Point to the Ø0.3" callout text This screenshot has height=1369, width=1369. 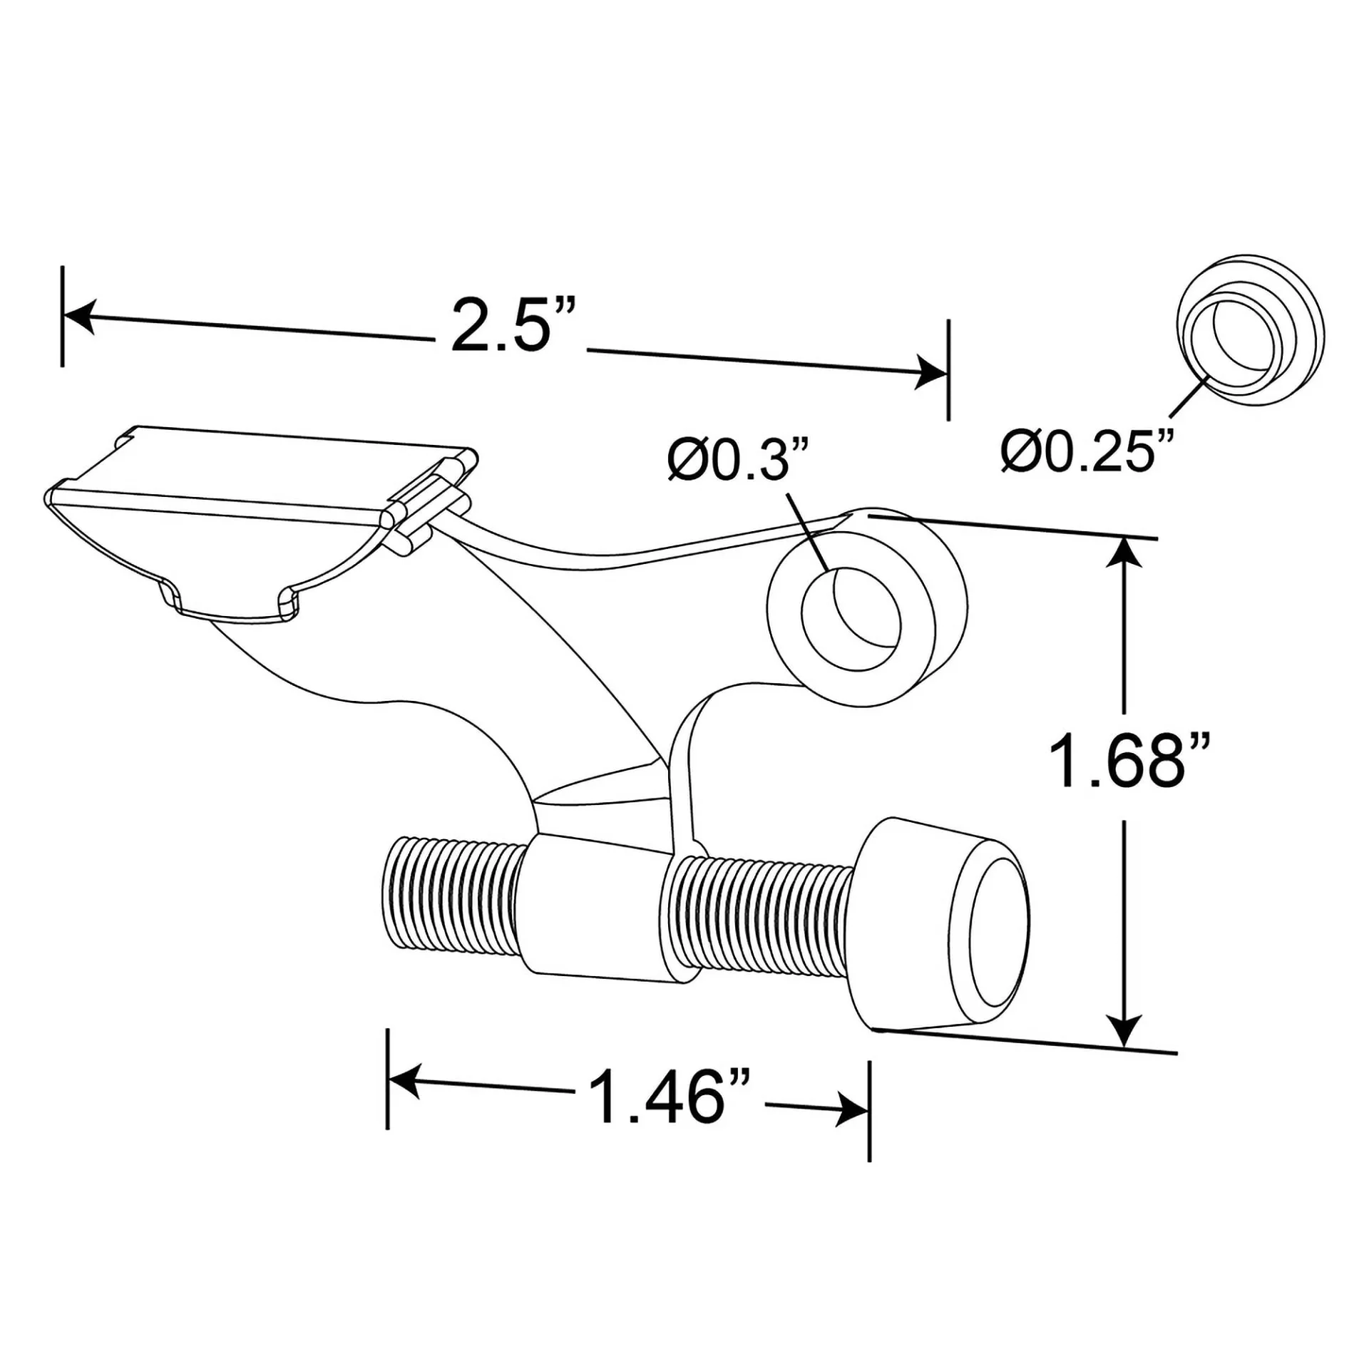(x=739, y=462)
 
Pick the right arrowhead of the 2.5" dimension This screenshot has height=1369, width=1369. (x=931, y=371)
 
